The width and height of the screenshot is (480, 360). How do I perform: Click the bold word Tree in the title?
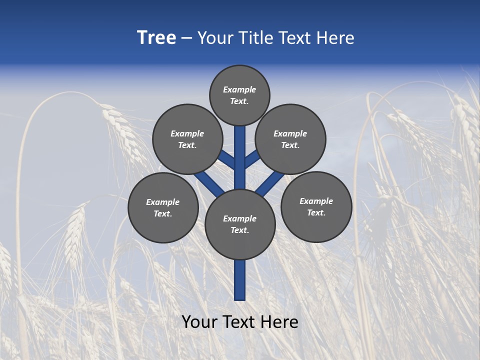(156, 38)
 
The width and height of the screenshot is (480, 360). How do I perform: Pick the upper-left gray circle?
(187, 139)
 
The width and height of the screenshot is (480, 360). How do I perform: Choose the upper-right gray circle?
(290, 139)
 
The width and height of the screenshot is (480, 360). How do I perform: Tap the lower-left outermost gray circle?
(163, 207)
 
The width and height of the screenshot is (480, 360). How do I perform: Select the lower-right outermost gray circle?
(316, 206)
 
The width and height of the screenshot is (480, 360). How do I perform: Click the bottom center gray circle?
(240, 224)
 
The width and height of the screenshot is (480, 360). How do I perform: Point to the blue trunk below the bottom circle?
(240, 280)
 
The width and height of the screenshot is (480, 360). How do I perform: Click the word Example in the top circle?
(239, 89)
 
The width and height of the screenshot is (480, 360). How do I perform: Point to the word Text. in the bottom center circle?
(239, 230)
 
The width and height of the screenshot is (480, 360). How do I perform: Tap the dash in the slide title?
(186, 38)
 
